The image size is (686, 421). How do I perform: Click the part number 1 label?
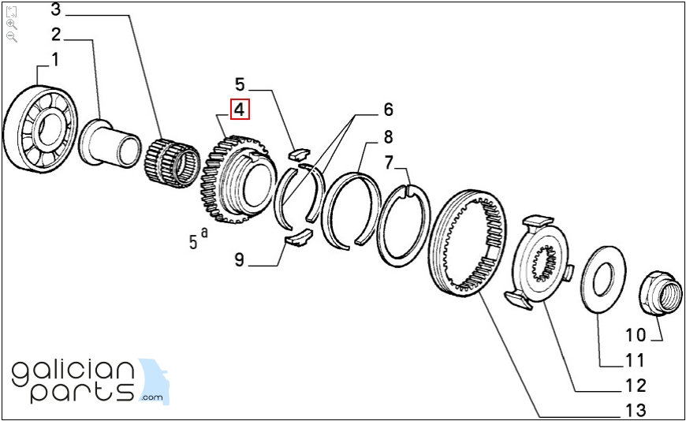pos(54,59)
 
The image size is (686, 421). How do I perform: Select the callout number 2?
pos(56,34)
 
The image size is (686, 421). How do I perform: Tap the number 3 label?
pos(56,10)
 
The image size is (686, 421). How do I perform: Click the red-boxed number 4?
pos(239,110)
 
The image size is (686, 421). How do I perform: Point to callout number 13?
pos(634,409)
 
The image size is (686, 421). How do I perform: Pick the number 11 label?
pos(635,361)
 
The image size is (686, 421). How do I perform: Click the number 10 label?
pos(636,335)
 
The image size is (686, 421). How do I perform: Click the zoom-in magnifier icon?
pos(11,24)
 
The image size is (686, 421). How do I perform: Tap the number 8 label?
pos(388,136)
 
